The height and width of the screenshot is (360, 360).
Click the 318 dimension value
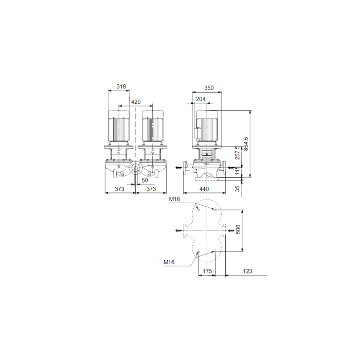point(121,86)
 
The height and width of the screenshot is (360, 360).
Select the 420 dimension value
point(136,102)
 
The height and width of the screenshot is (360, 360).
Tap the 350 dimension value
point(209,88)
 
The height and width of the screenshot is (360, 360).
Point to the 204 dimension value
point(201,99)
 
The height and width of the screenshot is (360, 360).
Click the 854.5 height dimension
point(246,144)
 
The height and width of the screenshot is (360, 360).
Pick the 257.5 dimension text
point(238,153)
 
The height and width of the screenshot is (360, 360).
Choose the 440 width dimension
point(204,189)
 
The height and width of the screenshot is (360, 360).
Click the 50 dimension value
point(145,181)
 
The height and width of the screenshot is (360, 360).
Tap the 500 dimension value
point(238,229)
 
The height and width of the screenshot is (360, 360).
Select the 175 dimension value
point(207,271)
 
